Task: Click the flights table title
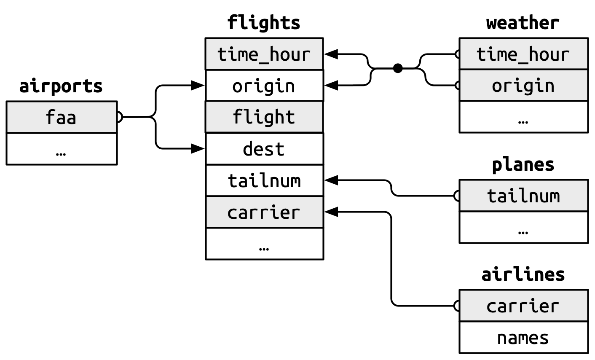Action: coord(264,23)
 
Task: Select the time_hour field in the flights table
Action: coord(264,54)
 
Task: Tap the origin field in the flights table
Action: coord(264,86)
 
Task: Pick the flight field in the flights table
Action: coord(264,117)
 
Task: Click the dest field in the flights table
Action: coord(264,149)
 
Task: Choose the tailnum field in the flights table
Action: coord(264,180)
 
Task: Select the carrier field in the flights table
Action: coord(264,212)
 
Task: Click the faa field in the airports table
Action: coord(62,117)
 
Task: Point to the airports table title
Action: coord(61,86)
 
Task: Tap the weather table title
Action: coord(523,23)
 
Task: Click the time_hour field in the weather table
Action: coord(523,54)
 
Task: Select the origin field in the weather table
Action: coord(523,86)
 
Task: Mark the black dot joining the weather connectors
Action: coord(397,68)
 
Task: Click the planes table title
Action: coord(523,164)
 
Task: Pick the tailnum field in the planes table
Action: coord(523,196)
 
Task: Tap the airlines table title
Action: coord(523,274)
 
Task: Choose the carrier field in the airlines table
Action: coord(523,306)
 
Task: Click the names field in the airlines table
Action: coord(523,338)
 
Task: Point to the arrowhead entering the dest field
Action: coord(198,148)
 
